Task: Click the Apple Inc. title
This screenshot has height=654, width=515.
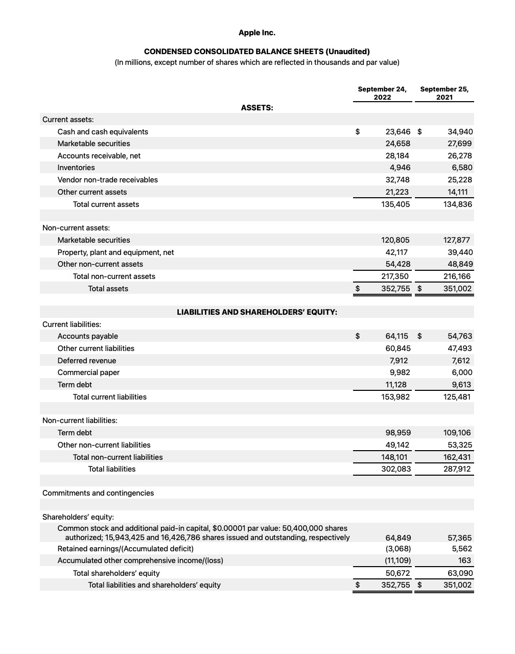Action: [x=257, y=33]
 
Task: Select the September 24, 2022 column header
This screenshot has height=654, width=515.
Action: [x=382, y=93]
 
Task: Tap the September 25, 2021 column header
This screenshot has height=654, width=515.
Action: [x=444, y=93]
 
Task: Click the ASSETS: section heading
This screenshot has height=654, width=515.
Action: [x=257, y=108]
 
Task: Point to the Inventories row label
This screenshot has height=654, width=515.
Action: [x=76, y=168]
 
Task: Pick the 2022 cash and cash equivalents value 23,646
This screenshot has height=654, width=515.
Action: [x=397, y=132]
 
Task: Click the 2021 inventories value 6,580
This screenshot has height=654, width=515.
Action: [x=462, y=168]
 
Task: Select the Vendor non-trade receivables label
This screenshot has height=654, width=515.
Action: [x=108, y=180]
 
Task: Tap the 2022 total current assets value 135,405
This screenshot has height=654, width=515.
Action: [x=395, y=204]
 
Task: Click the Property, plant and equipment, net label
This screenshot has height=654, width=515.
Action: [x=115, y=252]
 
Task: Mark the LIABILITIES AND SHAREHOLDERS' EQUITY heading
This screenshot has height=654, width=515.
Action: [x=257, y=312]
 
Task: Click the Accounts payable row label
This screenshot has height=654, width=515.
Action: [x=88, y=336]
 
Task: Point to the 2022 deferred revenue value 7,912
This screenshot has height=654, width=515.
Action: [x=399, y=361]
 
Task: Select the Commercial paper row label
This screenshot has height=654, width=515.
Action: [x=88, y=372]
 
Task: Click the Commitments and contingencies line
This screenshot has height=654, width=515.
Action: [x=98, y=493]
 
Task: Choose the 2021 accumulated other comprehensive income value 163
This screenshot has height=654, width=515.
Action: [x=465, y=560]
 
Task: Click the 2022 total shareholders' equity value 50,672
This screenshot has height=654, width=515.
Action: [x=398, y=573]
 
